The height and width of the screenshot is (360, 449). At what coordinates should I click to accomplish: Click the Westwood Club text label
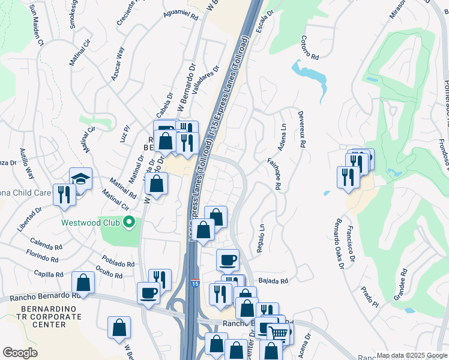tap(90, 223)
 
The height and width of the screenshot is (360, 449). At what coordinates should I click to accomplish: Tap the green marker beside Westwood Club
tap(128, 223)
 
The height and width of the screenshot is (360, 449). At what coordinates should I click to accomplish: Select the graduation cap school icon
tap(80, 179)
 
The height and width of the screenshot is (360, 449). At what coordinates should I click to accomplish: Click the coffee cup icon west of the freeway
tap(148, 293)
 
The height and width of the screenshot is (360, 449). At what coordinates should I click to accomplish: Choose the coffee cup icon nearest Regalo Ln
tap(228, 260)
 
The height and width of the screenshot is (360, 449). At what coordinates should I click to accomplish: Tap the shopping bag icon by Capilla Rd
tap(83, 283)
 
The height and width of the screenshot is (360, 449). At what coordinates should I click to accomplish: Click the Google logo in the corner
tap(20, 353)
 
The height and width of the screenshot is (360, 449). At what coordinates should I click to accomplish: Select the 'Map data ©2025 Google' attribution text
tap(411, 355)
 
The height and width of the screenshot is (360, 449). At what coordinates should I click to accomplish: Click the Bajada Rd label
tap(273, 280)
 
